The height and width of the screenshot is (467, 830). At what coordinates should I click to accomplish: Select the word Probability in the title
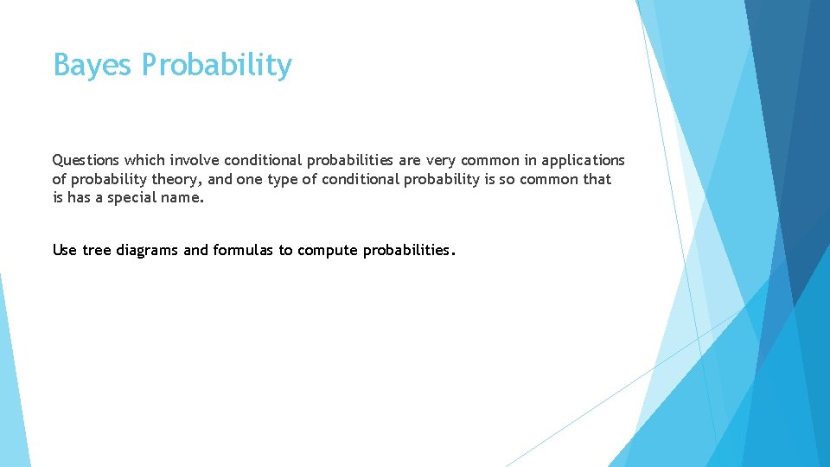217,66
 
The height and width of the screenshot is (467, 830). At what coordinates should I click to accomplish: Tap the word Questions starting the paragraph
86,161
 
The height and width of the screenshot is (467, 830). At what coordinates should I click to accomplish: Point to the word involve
196,161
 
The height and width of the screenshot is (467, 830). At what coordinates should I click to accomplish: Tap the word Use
65,251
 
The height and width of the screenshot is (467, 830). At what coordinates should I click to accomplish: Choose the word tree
97,251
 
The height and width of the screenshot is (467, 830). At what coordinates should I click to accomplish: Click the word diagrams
148,251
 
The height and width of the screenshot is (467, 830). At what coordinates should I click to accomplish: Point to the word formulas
243,251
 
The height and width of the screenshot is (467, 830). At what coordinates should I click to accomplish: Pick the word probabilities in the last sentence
405,251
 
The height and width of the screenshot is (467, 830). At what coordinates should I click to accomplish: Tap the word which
144,161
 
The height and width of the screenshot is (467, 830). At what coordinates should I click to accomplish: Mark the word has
76,198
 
